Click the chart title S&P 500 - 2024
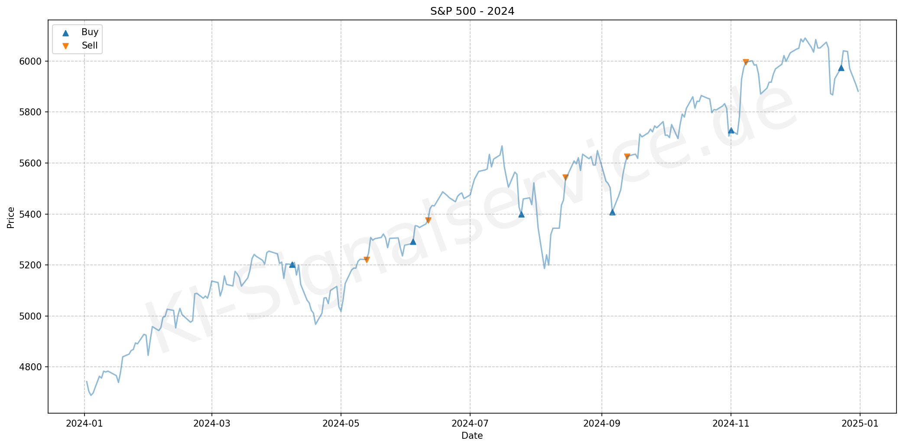(x=472, y=11)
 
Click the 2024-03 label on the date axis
(x=211, y=424)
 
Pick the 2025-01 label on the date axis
(x=860, y=424)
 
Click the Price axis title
(x=11, y=217)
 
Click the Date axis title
(x=472, y=436)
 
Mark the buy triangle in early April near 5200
(x=292, y=264)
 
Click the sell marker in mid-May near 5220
(x=367, y=260)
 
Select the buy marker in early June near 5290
(x=413, y=241)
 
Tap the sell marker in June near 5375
(x=428, y=220)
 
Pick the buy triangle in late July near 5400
(x=521, y=214)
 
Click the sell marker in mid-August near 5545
(x=565, y=177)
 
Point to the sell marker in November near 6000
(x=746, y=62)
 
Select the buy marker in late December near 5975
(x=841, y=68)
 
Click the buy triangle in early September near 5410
(x=612, y=212)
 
